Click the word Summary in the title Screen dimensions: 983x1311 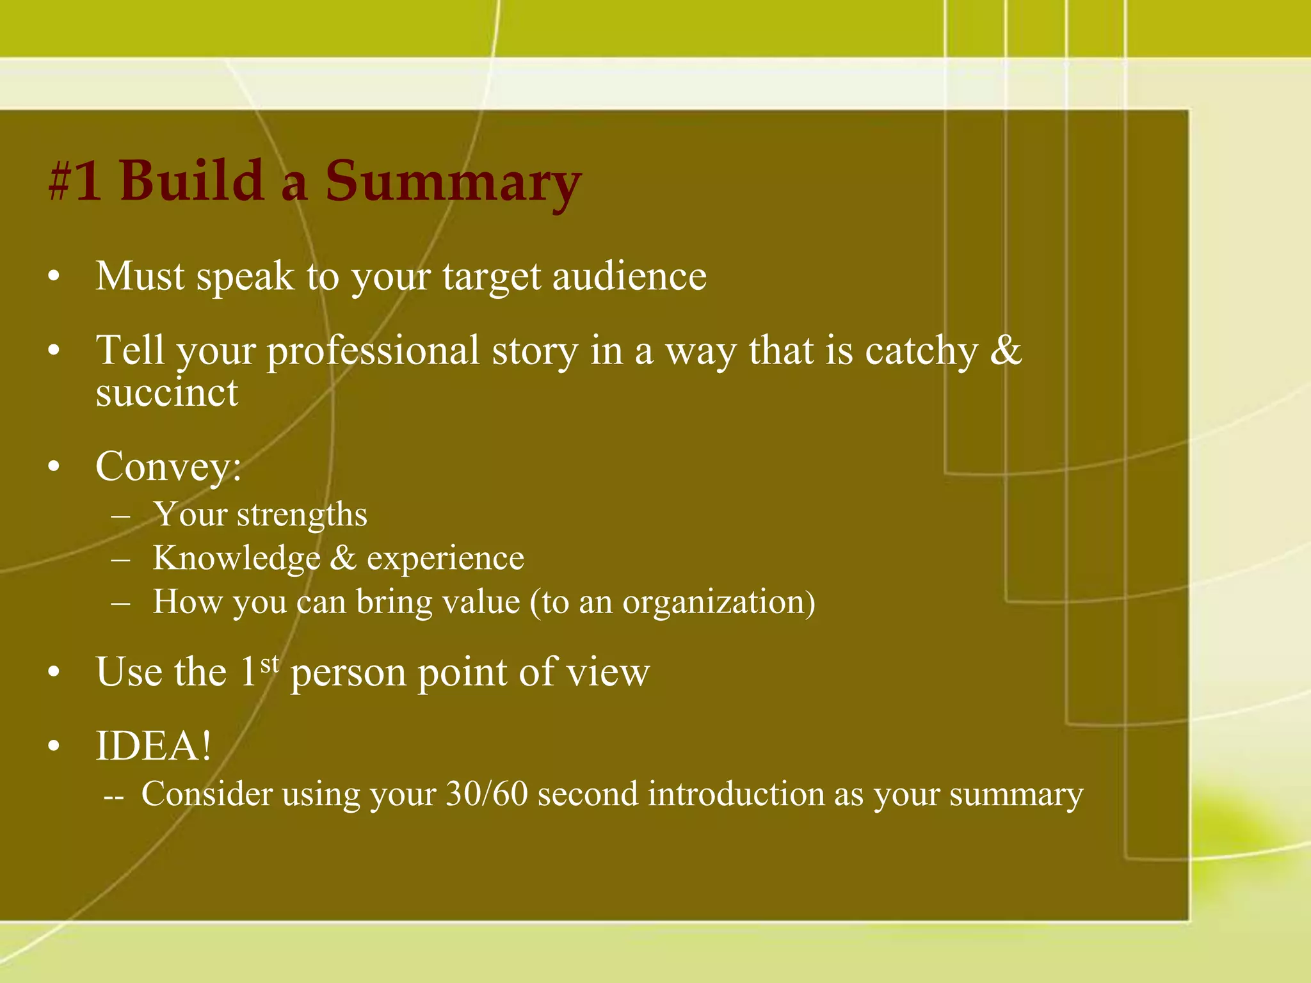point(453,182)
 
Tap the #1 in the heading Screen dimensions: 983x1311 point(76,182)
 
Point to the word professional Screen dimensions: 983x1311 point(373,352)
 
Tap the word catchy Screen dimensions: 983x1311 point(921,352)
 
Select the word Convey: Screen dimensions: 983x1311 point(168,467)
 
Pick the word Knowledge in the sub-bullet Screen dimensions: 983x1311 point(236,558)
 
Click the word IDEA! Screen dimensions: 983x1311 point(153,746)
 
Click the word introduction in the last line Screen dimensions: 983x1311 point(734,794)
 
